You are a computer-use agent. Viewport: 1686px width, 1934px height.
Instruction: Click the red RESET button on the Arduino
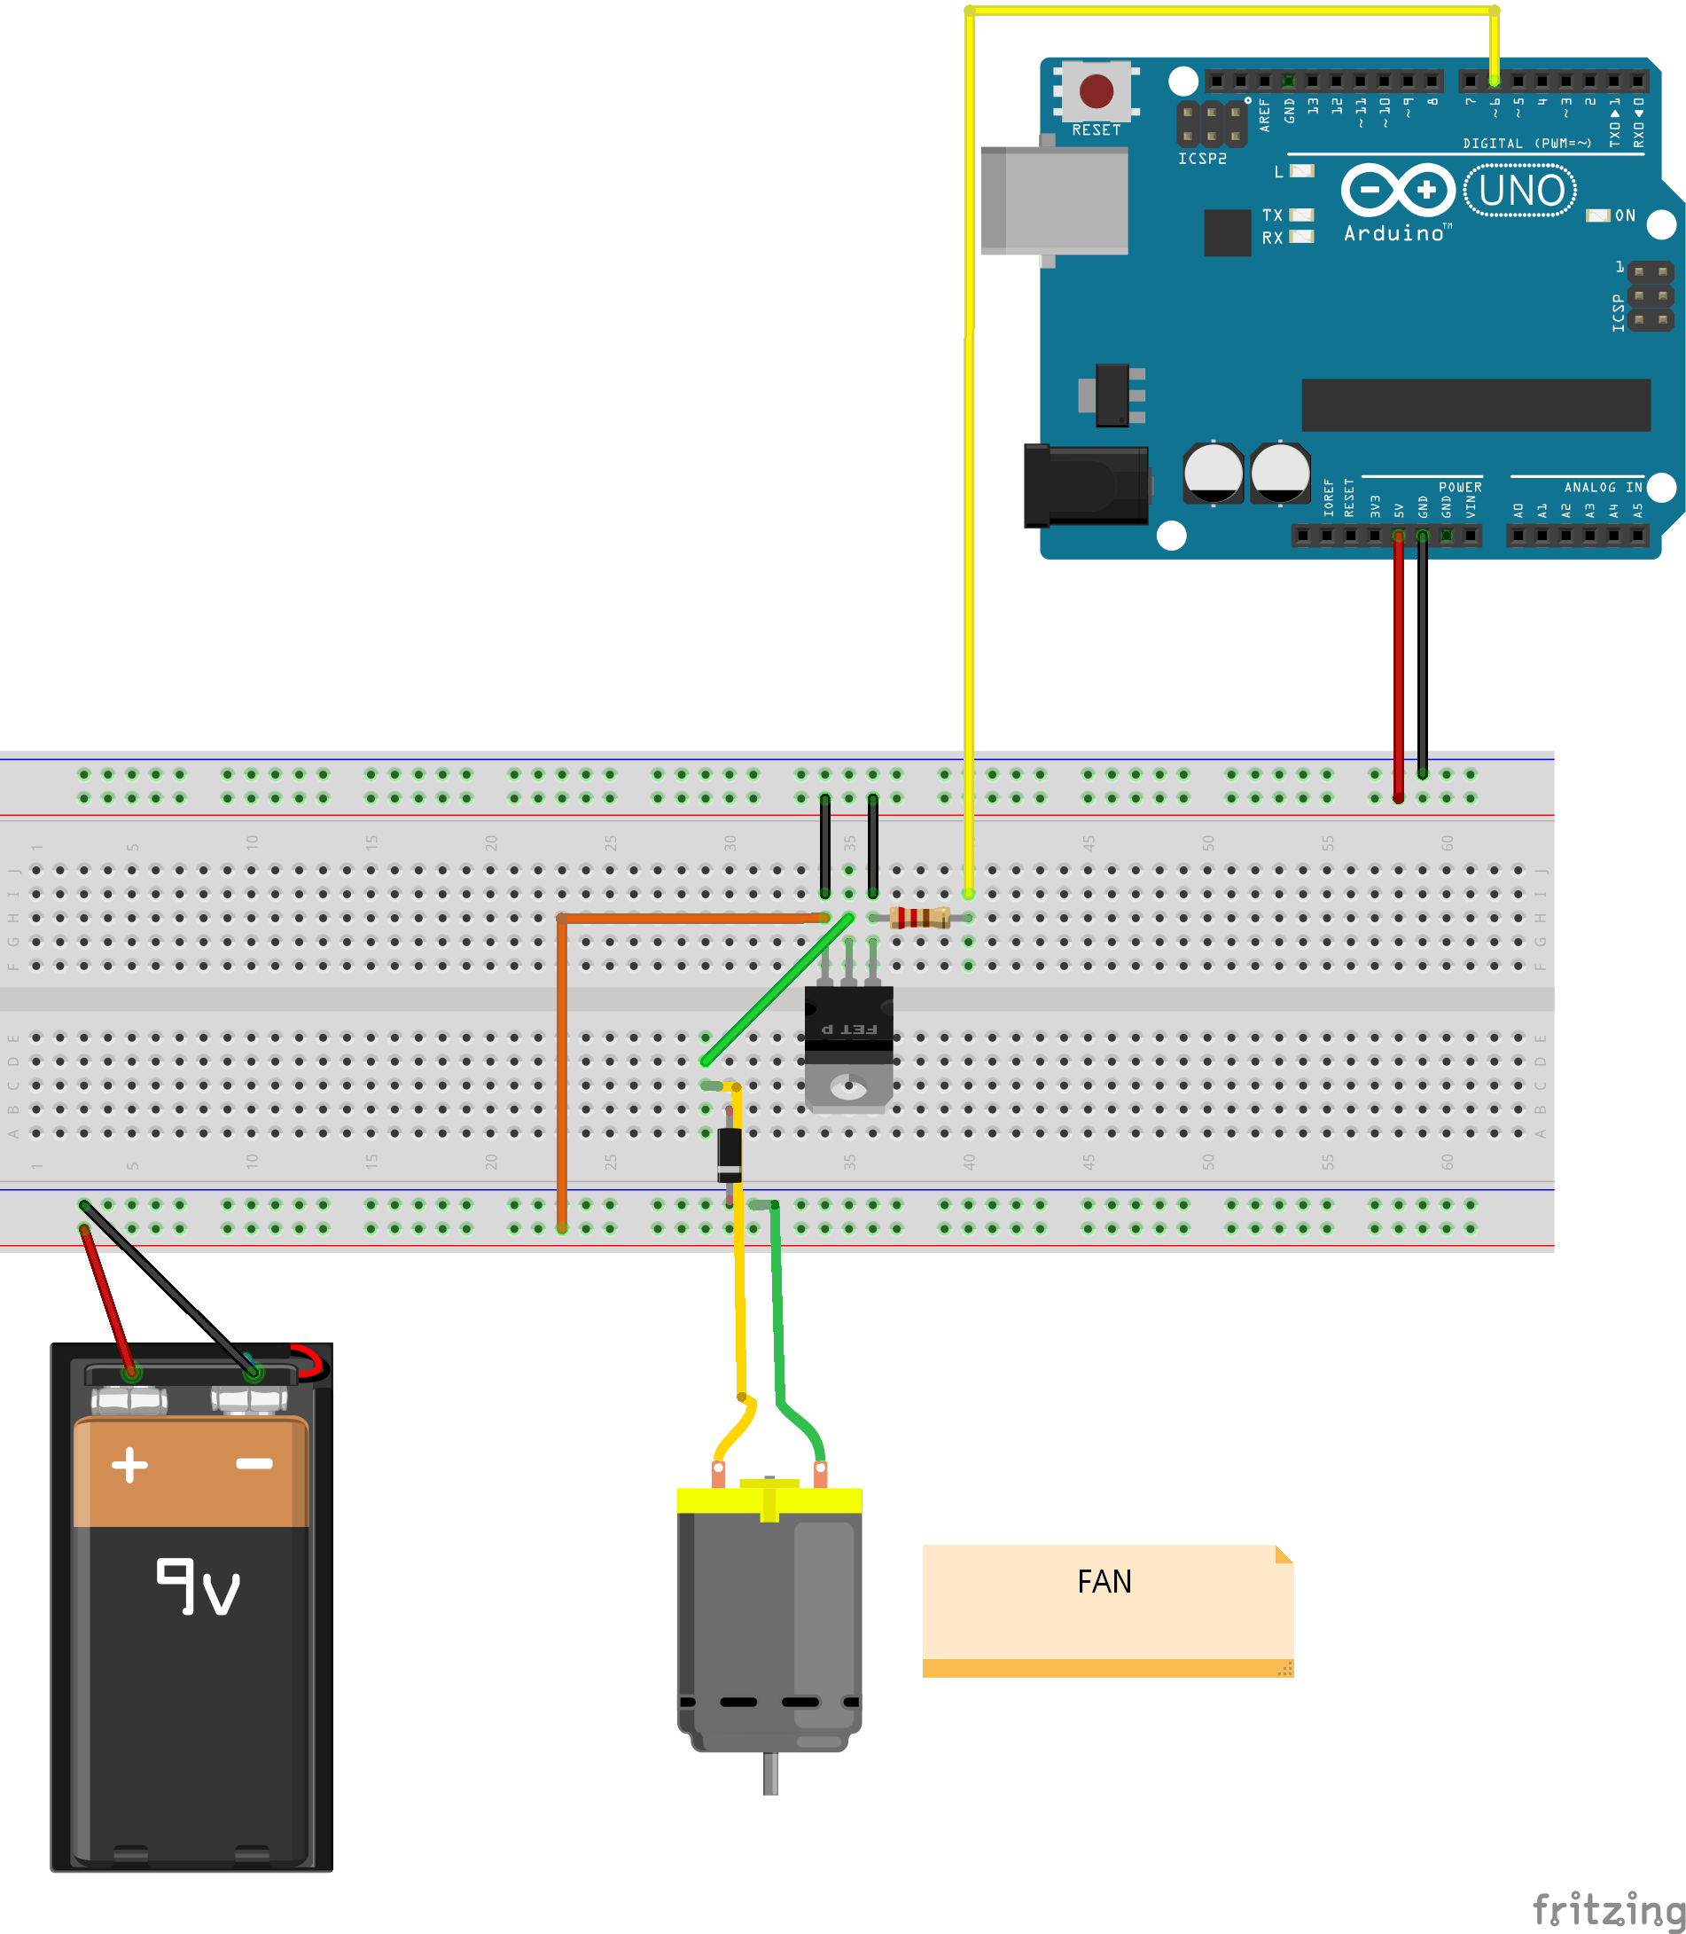pyautogui.click(x=1097, y=91)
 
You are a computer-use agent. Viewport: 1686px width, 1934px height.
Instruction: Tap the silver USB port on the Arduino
pyautogui.click(x=1054, y=200)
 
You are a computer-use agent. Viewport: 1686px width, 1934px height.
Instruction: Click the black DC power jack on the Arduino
pyautogui.click(x=1087, y=486)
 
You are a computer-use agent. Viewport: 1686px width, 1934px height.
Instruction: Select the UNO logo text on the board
pyautogui.click(x=1520, y=191)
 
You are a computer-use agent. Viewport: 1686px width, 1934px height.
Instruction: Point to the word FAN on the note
pyautogui.click(x=1104, y=1581)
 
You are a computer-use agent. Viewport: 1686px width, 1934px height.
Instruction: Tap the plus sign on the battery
pyautogui.click(x=129, y=1464)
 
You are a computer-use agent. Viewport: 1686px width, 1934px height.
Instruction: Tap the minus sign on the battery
pyautogui.click(x=254, y=1463)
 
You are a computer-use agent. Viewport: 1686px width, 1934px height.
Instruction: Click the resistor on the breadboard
pyautogui.click(x=919, y=917)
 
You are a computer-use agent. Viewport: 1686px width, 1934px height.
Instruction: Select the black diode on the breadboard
pyautogui.click(x=730, y=1154)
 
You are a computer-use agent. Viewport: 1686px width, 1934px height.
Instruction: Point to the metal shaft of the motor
pyautogui.click(x=770, y=1773)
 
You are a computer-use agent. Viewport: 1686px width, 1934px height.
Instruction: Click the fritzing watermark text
pyautogui.click(x=1608, y=1909)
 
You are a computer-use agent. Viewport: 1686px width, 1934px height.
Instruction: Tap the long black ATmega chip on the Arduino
pyautogui.click(x=1475, y=404)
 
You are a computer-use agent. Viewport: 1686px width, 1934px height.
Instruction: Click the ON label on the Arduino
pyautogui.click(x=1625, y=215)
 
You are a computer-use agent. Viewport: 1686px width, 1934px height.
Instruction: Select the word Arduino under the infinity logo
pyautogui.click(x=1393, y=233)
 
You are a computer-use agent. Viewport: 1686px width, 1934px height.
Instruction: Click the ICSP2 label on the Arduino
pyautogui.click(x=1202, y=159)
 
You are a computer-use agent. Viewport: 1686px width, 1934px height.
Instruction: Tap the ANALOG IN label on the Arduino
pyautogui.click(x=1604, y=487)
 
